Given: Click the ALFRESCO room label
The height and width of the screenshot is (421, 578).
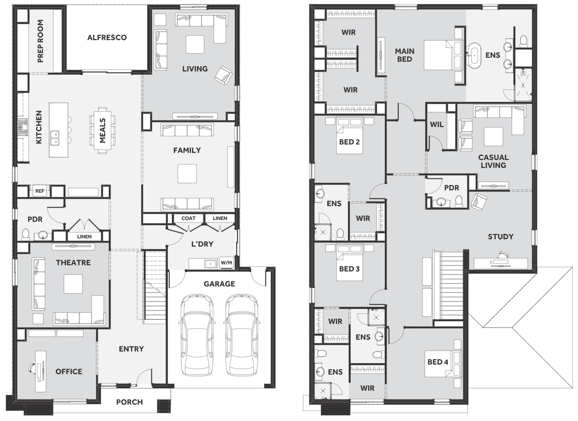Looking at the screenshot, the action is coord(107,37).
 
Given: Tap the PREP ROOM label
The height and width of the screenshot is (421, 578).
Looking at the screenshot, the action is coord(40,41).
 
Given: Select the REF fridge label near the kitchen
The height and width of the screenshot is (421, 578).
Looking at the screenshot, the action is coord(39,191).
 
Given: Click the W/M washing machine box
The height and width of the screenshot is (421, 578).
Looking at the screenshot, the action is coord(227,263).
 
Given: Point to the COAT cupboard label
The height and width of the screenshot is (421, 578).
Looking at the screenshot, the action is coord(189,218).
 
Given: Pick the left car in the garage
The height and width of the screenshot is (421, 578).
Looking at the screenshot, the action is coord(197,335).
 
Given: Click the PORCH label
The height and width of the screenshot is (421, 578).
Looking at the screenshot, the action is coord(129,402).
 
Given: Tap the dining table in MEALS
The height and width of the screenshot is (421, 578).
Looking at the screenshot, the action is coord(102,129).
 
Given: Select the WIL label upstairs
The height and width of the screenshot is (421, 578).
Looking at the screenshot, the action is coord(437,124).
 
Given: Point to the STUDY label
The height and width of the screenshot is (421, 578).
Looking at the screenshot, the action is coord(501,237).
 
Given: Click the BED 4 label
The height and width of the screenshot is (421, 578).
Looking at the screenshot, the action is coord(438,362).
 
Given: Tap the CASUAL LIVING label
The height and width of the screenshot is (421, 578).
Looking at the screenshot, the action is coord(493,161).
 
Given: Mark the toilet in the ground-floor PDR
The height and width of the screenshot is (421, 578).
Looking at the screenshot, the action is coord(26,234).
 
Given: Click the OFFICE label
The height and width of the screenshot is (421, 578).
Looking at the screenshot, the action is coord(69,372).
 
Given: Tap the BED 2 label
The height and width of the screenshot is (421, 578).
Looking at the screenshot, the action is coord(349,142).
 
